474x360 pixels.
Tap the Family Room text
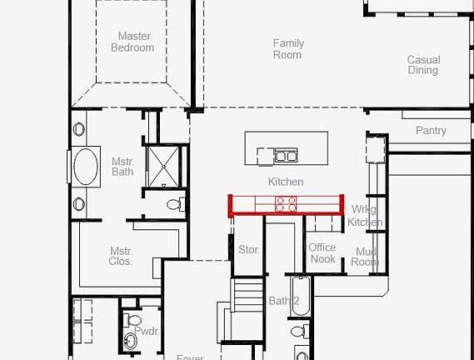coord(288,49)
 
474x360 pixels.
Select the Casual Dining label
coord(423,65)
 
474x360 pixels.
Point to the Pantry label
coord(431,131)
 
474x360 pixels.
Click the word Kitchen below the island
coord(286,182)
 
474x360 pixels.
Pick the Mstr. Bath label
coord(122,167)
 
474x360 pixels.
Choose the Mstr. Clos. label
coord(121,256)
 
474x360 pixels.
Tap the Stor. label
coord(249,250)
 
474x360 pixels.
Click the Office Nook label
coord(322,253)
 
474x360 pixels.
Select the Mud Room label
coord(366,257)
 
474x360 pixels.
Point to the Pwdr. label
coord(147,332)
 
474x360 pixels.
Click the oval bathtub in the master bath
coord(86,167)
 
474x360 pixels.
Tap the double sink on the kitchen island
coord(286,155)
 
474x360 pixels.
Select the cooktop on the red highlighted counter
coord(286,203)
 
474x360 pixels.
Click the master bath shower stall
coord(163,164)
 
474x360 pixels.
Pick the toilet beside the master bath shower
coord(174,204)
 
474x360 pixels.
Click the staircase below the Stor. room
coord(247,295)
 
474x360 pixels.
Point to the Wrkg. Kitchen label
coord(366,216)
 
